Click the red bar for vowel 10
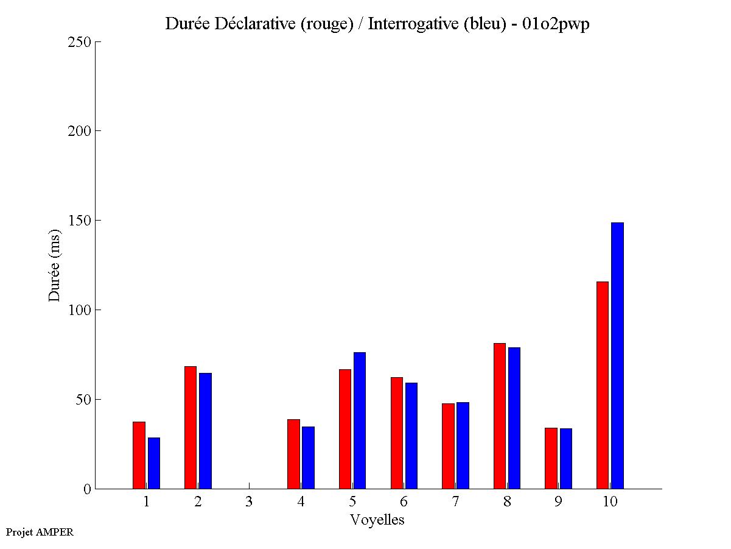click(x=602, y=385)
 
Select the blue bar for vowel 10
click(x=617, y=356)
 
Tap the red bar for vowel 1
click(x=139, y=455)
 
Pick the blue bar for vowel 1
click(x=154, y=463)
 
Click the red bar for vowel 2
click(x=191, y=427)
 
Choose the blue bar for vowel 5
click(x=360, y=420)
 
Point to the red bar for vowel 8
click(x=499, y=416)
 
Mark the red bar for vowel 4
click(x=293, y=454)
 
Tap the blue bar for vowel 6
click(x=411, y=436)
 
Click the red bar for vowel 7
click(x=448, y=446)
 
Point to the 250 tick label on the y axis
click(x=79, y=42)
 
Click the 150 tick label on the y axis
click(x=79, y=221)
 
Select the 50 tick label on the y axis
click(x=83, y=400)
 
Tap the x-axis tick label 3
click(x=249, y=502)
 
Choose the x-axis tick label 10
click(x=610, y=502)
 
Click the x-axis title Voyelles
click(x=377, y=520)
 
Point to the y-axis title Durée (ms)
click(x=55, y=265)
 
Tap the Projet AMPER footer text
click(x=40, y=532)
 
